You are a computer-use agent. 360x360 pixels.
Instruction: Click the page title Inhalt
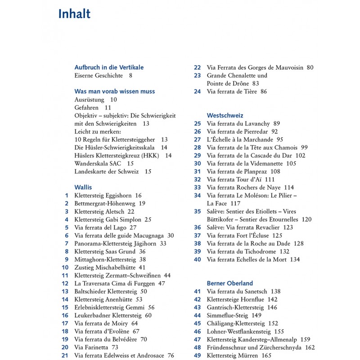tap(74, 14)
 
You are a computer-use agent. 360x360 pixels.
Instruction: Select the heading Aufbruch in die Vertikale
tap(109, 67)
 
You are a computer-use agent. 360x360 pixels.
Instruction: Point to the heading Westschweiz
tap(225, 115)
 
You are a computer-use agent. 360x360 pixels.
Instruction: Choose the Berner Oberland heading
tap(230, 283)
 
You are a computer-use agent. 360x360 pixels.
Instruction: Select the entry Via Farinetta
tap(91, 347)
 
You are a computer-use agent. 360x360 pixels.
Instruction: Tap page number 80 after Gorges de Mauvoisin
tap(310, 67)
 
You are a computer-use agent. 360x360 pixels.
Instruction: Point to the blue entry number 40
tap(197, 259)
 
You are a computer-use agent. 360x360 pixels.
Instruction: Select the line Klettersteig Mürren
tap(233, 355)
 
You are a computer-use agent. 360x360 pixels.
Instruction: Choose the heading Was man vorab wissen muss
tap(114, 91)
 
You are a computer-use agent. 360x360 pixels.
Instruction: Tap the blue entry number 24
tap(197, 91)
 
